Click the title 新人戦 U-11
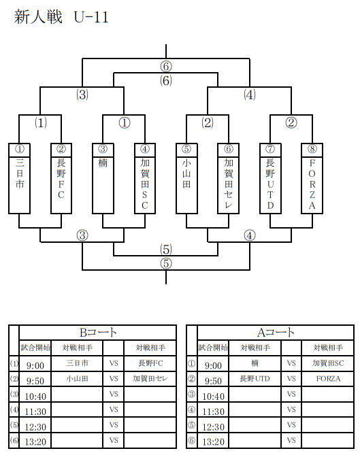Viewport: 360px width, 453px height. pos(61,17)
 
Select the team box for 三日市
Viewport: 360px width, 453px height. pos(19,178)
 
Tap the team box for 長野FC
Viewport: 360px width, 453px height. pos(61,178)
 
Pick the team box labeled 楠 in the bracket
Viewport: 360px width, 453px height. pos(103,178)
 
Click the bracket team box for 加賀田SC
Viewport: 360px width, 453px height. pos(145,178)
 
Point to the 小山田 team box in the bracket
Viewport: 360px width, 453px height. pos(186,178)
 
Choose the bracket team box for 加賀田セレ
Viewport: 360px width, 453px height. pos(229,178)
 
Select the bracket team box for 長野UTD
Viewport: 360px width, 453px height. pos(270,178)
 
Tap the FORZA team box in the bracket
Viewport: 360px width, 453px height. pos(312,178)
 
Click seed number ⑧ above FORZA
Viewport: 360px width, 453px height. pos(312,149)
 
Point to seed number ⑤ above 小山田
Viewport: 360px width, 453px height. pos(186,149)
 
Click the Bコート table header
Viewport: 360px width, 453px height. pos(98,333)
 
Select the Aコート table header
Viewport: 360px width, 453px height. pos(276,333)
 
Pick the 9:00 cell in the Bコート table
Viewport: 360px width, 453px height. pos(35,364)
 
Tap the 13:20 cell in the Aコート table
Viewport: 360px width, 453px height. pos(213,441)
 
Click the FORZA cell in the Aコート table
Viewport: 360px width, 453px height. pos(328,379)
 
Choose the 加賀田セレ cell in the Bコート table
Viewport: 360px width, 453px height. pos(150,379)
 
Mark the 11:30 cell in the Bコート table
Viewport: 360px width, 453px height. pos(35,410)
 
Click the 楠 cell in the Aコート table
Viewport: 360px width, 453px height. pos(255,363)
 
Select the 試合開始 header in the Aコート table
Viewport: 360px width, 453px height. pos(213,348)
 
